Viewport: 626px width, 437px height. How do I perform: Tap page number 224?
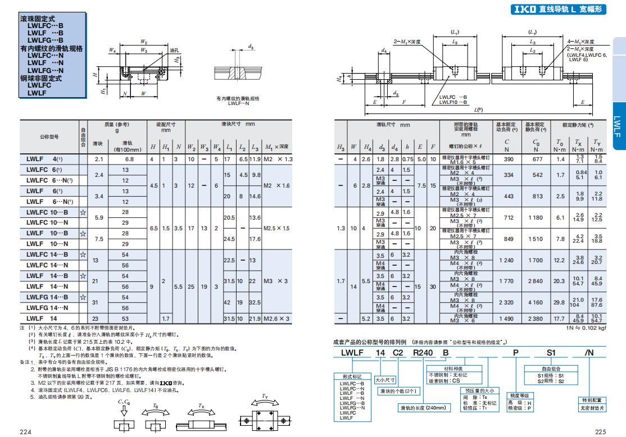coord(25,431)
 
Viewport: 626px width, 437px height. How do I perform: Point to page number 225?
coord(601,431)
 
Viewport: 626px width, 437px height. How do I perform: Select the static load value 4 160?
coord(536,302)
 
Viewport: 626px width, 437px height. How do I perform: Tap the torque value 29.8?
coord(559,302)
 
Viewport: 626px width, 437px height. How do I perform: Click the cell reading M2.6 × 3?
coord(278,318)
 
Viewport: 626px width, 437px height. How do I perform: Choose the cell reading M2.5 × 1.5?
coord(278,228)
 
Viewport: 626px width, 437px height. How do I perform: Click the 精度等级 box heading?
coord(520,396)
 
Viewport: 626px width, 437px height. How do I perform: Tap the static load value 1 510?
coord(536,239)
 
